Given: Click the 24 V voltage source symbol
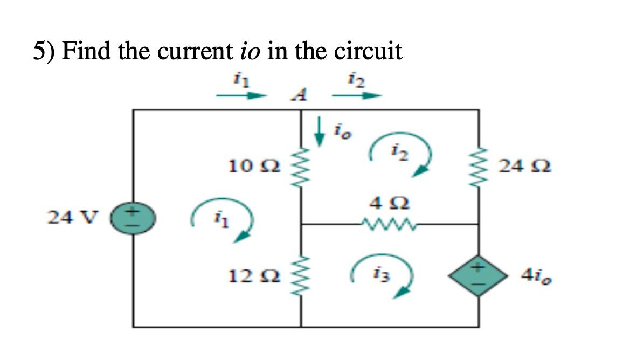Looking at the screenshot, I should pyautogui.click(x=133, y=218).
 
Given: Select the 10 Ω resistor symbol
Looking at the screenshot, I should pyautogui.click(x=301, y=165).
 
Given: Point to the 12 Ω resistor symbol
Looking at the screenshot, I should pyautogui.click(x=301, y=276).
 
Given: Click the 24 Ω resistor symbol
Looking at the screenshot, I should pyautogui.click(x=479, y=166).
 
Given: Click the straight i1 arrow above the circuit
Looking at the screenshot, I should pyautogui.click(x=241, y=96).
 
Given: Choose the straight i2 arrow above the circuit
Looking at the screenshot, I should pyautogui.click(x=356, y=96).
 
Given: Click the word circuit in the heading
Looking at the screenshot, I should pyautogui.click(x=369, y=52).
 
